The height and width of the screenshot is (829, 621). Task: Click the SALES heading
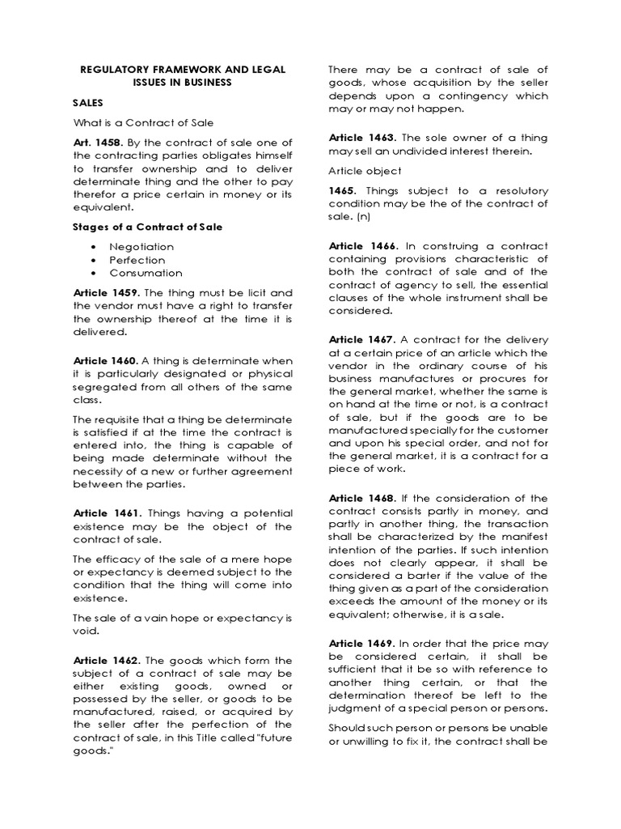tap(89, 104)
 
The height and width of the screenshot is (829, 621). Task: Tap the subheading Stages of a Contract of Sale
tap(147, 227)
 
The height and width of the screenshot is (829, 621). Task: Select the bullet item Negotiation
tap(142, 246)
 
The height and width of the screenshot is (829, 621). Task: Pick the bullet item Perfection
tap(138, 260)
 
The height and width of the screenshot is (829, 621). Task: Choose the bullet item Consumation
tap(146, 273)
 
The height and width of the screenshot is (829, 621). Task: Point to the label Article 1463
tap(362, 138)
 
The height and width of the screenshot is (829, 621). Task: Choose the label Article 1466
tap(362, 245)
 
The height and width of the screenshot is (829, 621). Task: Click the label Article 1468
tap(362, 498)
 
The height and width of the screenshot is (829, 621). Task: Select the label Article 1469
tap(362, 643)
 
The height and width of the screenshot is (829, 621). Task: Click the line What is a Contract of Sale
tap(143, 122)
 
